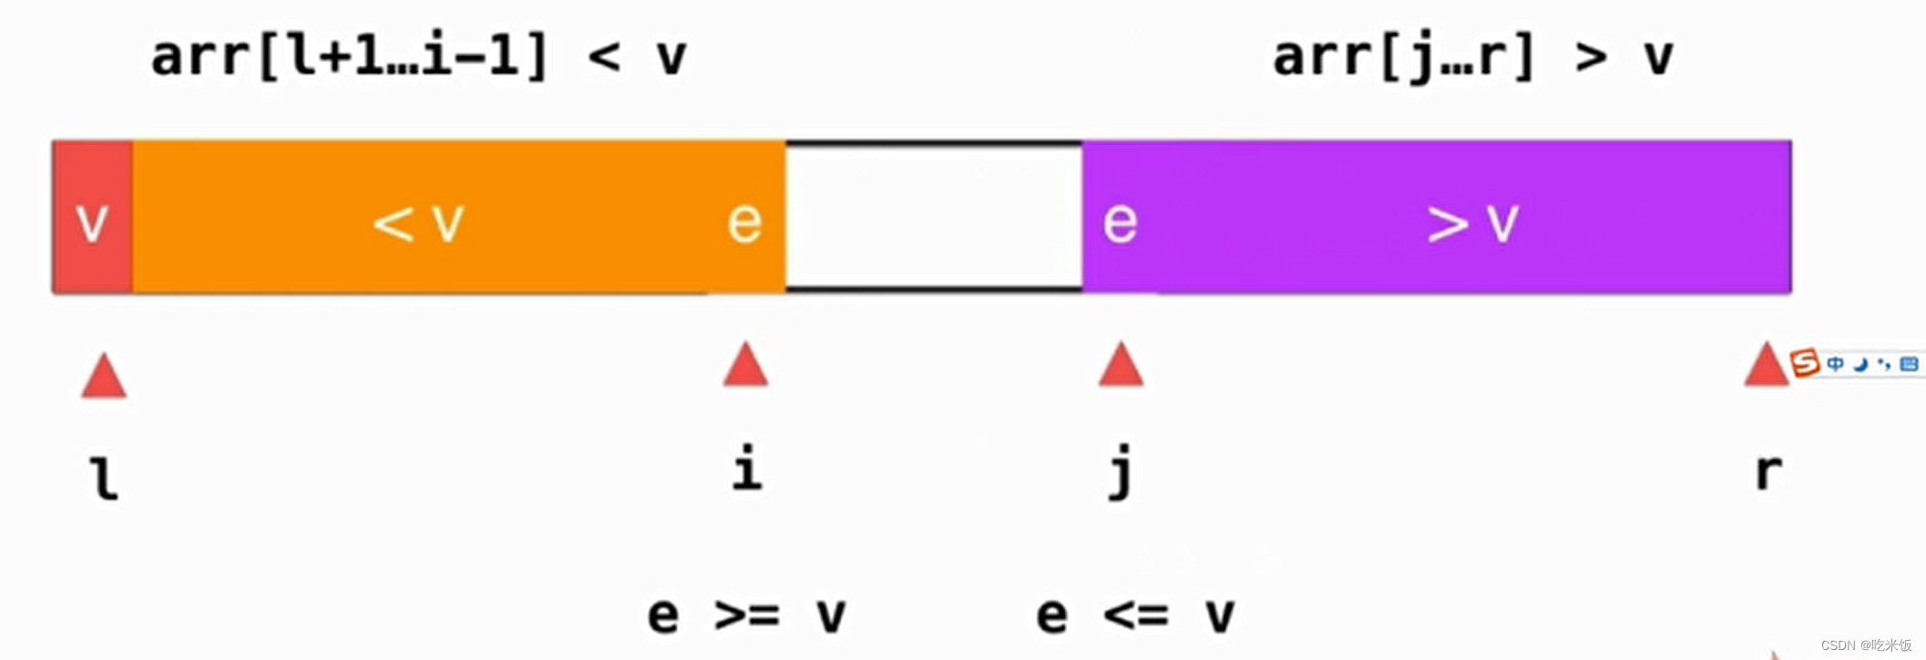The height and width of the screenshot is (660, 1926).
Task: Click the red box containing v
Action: (93, 217)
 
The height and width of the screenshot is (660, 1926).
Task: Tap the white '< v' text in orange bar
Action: (419, 222)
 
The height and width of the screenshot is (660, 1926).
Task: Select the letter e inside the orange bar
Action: (744, 222)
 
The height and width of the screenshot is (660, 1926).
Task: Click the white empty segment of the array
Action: (934, 217)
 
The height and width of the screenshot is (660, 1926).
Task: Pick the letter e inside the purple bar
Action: (1120, 222)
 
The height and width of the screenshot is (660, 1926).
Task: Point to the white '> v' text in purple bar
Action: (1473, 223)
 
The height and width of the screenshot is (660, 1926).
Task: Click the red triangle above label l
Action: (104, 375)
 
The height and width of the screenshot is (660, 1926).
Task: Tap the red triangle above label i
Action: (745, 364)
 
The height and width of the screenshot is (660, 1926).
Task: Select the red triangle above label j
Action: (1121, 364)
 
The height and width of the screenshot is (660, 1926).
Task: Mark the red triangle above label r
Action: (1767, 364)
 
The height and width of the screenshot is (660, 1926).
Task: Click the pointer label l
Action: (105, 478)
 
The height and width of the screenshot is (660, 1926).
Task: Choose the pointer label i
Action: (747, 468)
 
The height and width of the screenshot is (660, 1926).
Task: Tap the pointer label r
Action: (1768, 473)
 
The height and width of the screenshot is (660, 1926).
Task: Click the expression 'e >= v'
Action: (746, 615)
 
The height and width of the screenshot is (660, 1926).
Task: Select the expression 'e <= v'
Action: (1135, 615)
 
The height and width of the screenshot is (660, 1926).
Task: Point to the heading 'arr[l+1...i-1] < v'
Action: (418, 57)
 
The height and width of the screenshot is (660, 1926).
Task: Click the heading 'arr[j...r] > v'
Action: (1472, 57)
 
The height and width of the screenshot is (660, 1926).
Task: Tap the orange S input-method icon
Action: (1804, 363)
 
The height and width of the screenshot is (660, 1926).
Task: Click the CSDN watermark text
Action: (1866, 645)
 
